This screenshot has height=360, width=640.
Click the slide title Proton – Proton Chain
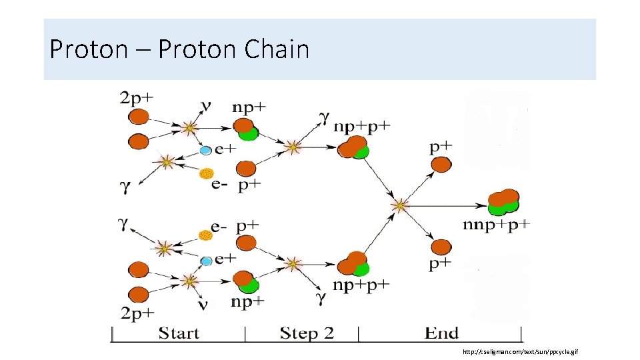pyautogui.click(x=179, y=49)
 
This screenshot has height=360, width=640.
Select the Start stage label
pyautogui.click(x=179, y=333)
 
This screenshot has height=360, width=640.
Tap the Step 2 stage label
pyautogui.click(x=306, y=333)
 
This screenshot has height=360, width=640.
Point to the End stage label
pyautogui.click(x=441, y=333)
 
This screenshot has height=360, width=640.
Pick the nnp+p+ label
pyautogui.click(x=497, y=225)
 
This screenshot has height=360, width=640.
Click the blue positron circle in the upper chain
pyautogui.click(x=206, y=151)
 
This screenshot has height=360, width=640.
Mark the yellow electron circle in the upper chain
pyautogui.click(x=206, y=174)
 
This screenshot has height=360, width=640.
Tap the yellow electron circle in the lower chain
pyautogui.click(x=206, y=236)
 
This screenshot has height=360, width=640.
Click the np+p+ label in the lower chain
pyautogui.click(x=361, y=285)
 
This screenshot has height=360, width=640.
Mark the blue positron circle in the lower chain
pyautogui.click(x=206, y=260)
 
